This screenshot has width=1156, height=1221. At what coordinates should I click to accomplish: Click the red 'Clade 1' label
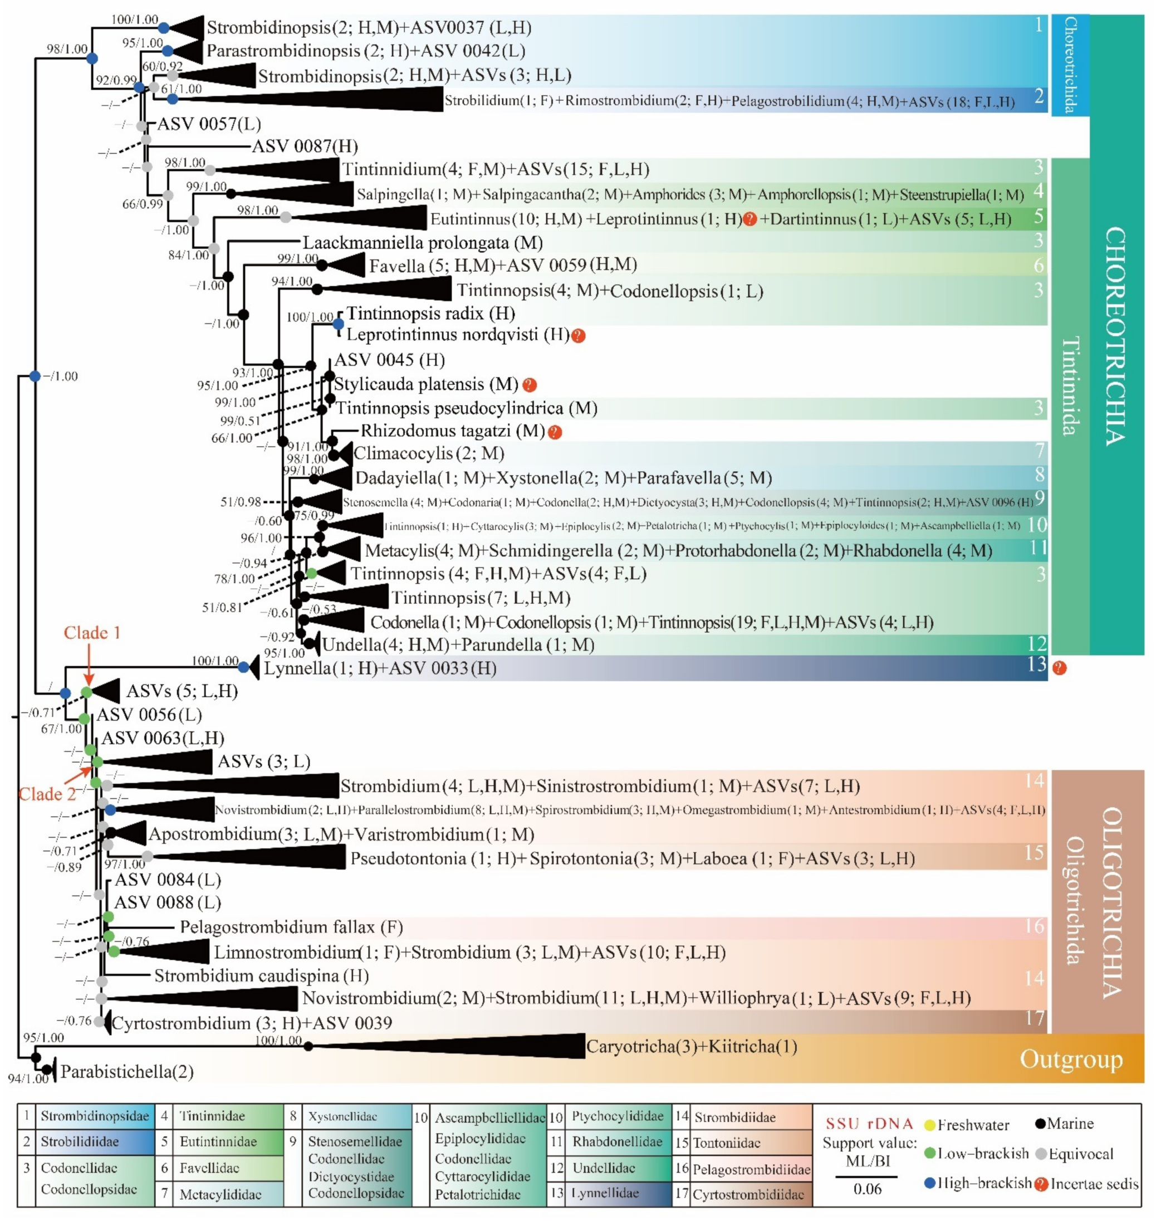point(92,633)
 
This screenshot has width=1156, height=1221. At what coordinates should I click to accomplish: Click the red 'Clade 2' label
point(47,794)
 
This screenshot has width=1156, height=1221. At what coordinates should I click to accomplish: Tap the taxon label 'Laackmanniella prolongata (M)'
point(422,242)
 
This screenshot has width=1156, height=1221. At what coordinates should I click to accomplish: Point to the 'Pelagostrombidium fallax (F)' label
point(291,927)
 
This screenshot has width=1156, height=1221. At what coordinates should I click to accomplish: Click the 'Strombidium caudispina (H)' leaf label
point(261,976)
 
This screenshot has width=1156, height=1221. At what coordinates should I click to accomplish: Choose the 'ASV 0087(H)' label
point(305,146)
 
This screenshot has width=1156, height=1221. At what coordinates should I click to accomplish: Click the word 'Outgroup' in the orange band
point(1071,1059)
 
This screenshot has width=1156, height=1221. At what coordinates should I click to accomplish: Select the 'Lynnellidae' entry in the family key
point(605,1193)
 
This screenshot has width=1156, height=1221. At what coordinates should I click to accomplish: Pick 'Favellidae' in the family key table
point(210,1168)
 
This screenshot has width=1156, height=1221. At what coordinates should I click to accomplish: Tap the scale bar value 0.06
point(867,1189)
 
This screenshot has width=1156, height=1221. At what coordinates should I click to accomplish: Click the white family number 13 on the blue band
point(1036,664)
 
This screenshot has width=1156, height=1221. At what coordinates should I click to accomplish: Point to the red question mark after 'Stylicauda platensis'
point(530,385)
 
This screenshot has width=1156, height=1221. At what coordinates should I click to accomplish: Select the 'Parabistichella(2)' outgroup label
point(127,1072)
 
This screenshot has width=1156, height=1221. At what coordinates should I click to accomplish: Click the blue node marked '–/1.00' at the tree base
point(35,376)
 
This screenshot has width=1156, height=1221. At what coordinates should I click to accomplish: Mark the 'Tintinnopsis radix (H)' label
point(430,313)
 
